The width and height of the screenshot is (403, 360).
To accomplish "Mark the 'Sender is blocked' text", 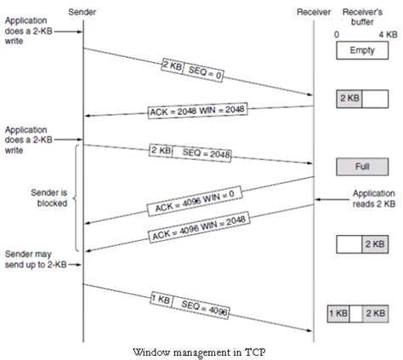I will pyautogui.click(x=40, y=197).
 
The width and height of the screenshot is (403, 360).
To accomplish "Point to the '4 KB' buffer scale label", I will pyautogui.click(x=388, y=34).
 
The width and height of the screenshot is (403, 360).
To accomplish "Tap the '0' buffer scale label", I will pyautogui.click(x=338, y=34).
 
